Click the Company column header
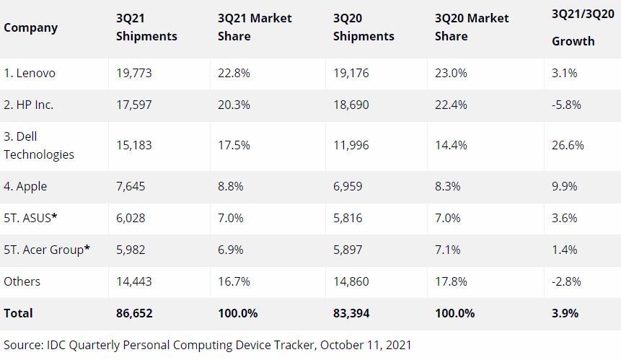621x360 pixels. (30, 27)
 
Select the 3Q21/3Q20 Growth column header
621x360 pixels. (583, 27)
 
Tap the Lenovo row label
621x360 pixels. (30, 74)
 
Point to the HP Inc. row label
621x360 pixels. (29, 105)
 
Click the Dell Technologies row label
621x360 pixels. (39, 145)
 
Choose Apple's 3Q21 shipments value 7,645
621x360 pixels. (131, 186)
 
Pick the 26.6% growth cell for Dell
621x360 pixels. (568, 145)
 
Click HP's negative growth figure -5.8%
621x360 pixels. (566, 105)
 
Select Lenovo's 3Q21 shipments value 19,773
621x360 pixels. (134, 74)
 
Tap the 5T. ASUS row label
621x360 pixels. (30, 218)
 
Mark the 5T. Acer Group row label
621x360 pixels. (47, 250)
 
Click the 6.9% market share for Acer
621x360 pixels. (231, 250)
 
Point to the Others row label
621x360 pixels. (22, 281)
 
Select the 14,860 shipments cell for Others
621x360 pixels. (351, 281)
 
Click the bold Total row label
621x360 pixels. (18, 313)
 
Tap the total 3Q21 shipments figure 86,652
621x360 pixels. (134, 313)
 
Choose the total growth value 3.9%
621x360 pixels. (565, 313)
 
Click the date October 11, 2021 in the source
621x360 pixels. (366, 345)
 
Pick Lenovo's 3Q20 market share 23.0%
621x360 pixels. (451, 74)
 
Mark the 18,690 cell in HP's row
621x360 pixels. (351, 105)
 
